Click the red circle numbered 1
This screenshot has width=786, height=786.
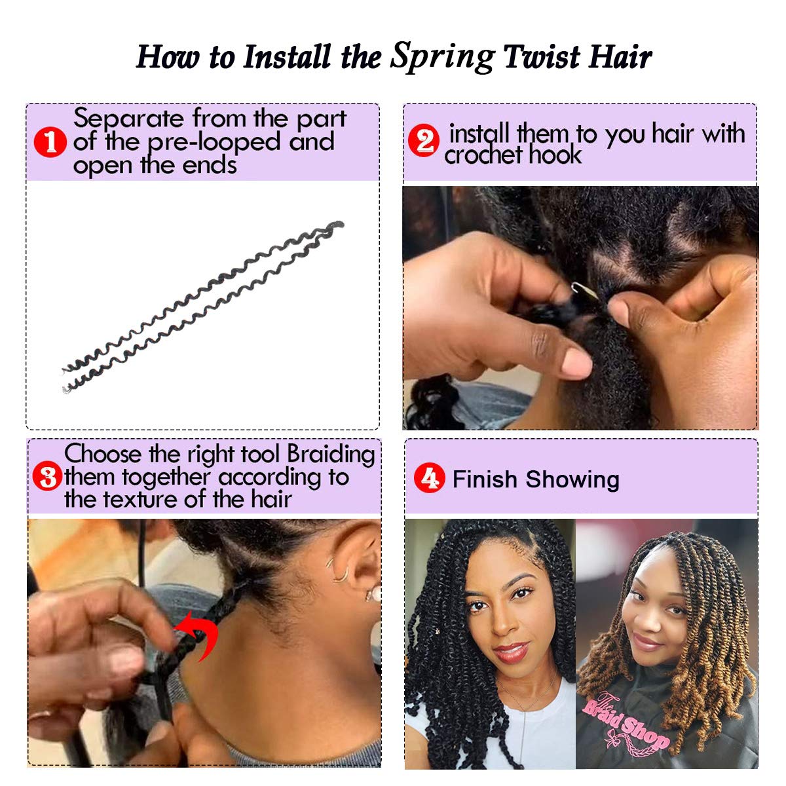50,142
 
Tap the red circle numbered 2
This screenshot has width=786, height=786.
424,140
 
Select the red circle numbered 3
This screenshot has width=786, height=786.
48,476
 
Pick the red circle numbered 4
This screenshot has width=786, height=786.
429,477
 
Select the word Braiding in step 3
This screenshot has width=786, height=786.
331,455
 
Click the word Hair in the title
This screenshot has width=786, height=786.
620,56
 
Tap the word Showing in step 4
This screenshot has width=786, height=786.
572,479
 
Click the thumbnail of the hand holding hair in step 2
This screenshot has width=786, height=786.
580,308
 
